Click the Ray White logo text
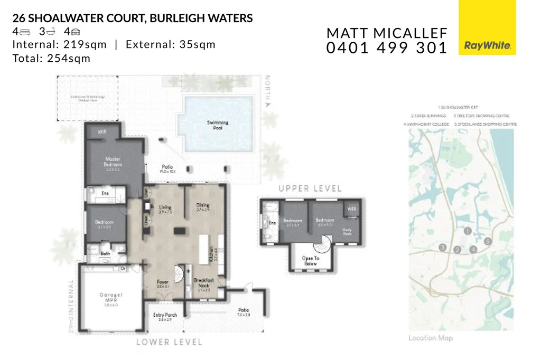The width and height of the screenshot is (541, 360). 487,46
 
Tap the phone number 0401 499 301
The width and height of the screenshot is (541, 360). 387,48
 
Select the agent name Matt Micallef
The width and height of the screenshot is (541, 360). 387,33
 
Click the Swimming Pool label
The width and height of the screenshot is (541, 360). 218,125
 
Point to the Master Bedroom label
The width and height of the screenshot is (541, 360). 113,162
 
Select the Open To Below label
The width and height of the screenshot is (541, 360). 311,261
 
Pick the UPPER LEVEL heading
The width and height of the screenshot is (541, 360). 310,188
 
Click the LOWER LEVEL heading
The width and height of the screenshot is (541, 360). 169,342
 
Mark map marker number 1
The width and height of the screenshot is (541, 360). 467,231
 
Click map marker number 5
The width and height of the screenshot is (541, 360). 488,241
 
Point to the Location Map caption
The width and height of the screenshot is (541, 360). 431,338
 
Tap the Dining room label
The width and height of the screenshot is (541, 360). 203,207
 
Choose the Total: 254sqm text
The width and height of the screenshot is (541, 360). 52,58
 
